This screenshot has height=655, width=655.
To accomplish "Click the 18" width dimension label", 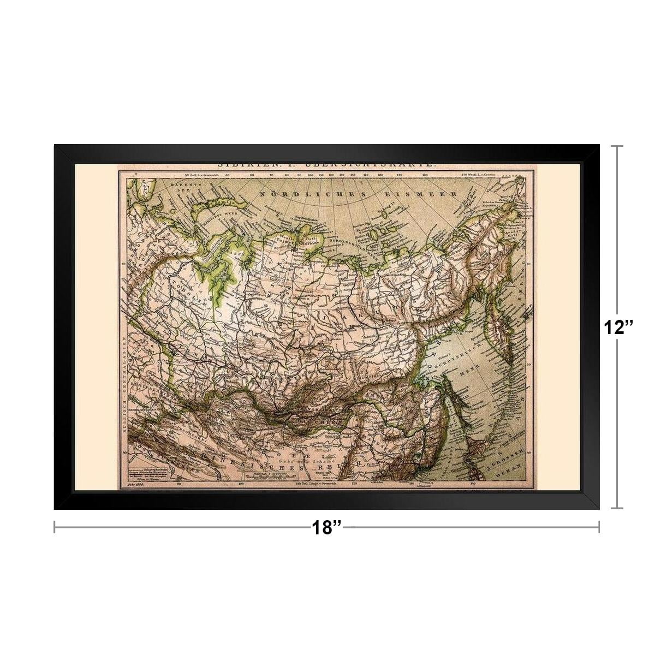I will [x=326, y=528].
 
